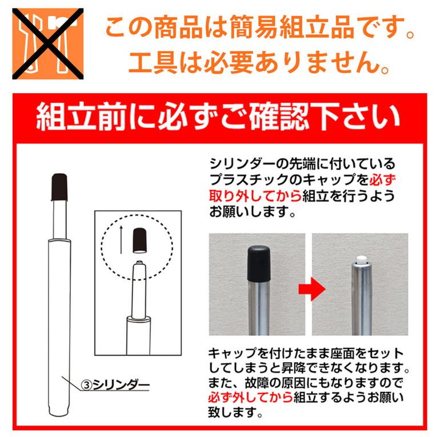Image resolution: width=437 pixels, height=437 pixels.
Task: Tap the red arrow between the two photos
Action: (x=311, y=288)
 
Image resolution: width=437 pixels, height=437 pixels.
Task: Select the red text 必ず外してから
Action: (x=250, y=397)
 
